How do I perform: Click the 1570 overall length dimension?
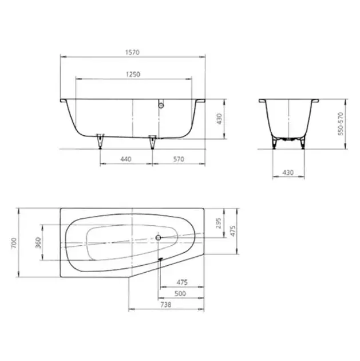click(132, 53)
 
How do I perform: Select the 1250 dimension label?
click(133, 74)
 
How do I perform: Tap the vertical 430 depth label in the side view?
click(220, 119)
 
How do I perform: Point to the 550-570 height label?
click(341, 124)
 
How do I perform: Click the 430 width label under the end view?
click(288, 172)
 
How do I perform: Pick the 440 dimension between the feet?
click(126, 159)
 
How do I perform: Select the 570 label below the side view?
click(179, 159)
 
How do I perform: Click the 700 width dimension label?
click(14, 242)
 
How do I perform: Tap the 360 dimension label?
click(38, 242)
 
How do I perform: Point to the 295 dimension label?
click(219, 223)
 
